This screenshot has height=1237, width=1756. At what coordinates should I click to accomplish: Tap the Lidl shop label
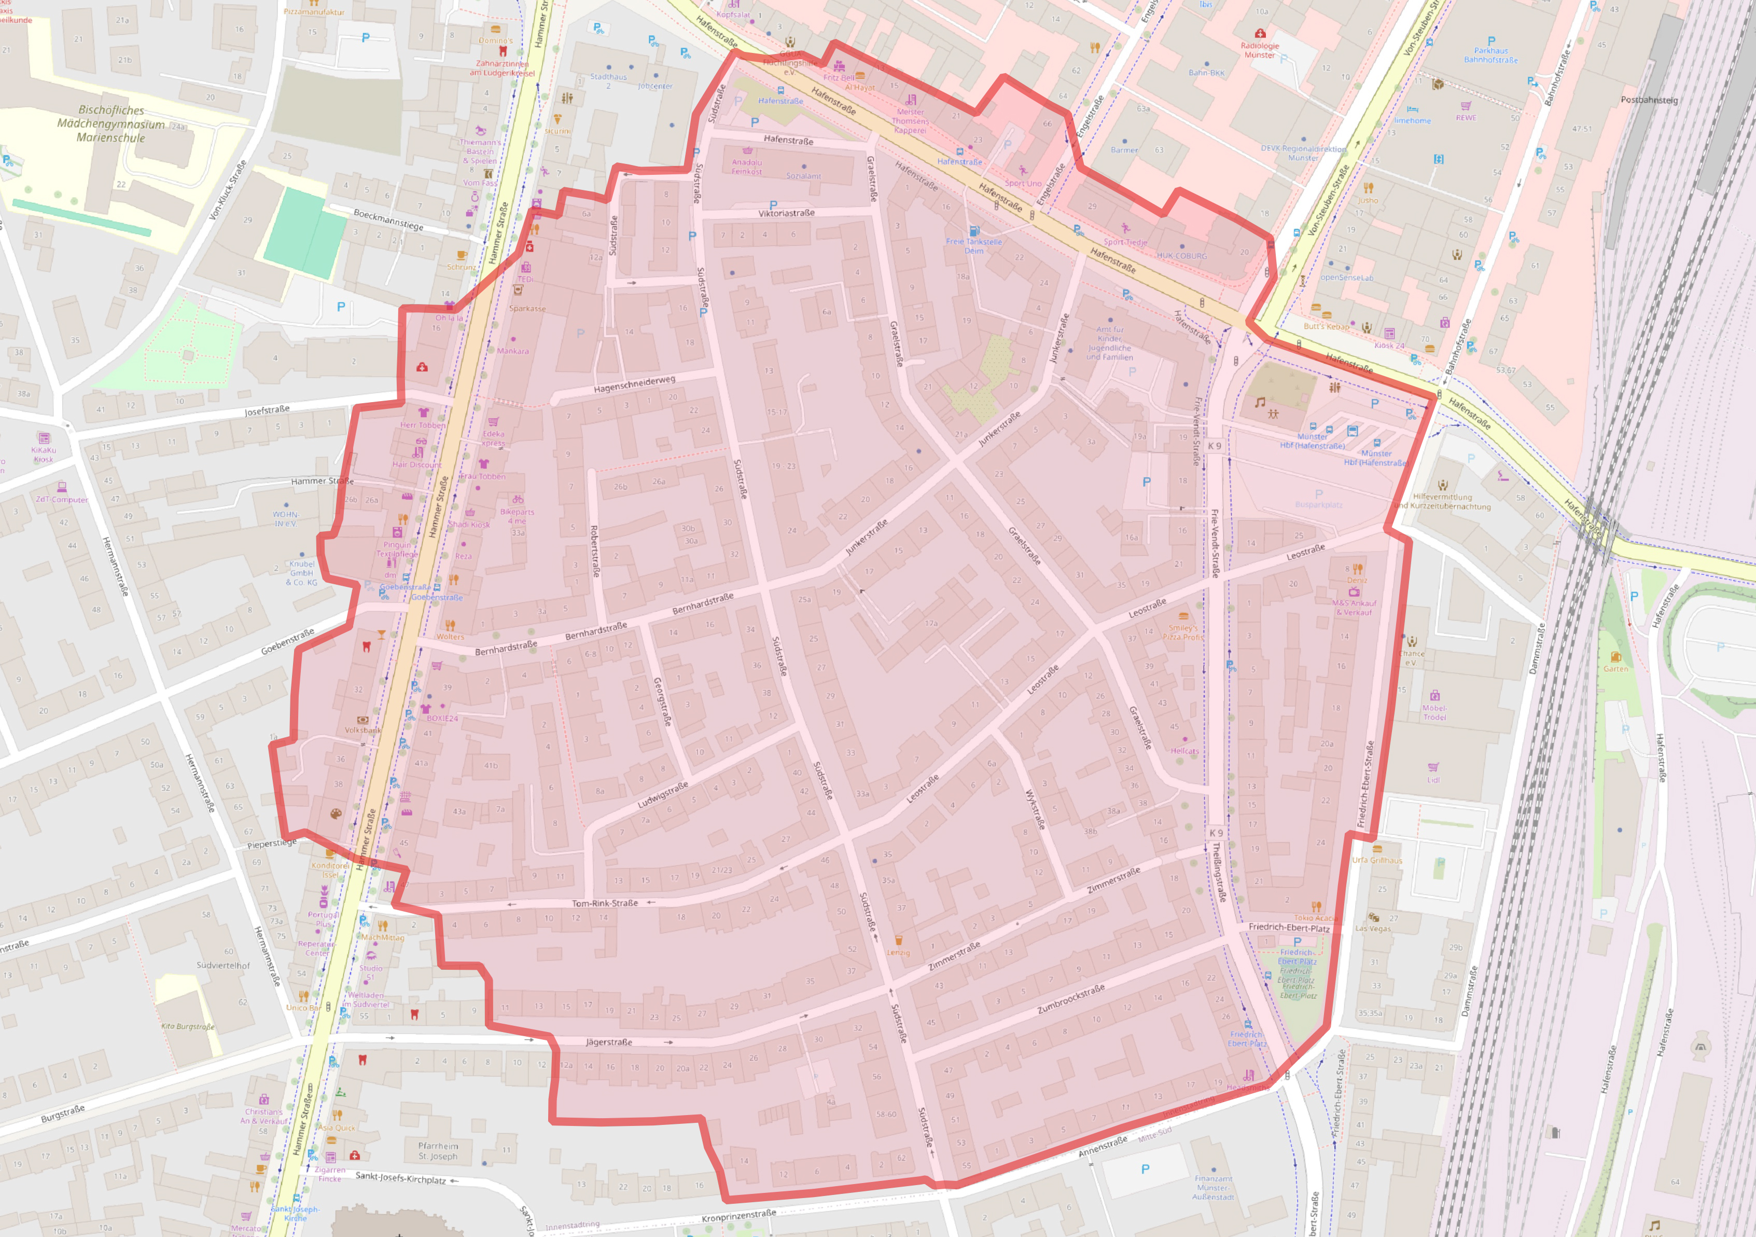pos(1433,779)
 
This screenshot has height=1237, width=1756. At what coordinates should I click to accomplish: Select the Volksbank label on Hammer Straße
pos(362,730)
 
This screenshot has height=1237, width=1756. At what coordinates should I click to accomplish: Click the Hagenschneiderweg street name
pos(634,385)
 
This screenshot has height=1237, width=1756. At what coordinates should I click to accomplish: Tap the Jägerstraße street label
pos(609,1042)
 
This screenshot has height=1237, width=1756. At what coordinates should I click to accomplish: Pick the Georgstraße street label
pos(662,702)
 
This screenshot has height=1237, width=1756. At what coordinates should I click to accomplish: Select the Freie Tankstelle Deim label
pos(973,245)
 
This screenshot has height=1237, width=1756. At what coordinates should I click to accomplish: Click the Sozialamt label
pos(804,176)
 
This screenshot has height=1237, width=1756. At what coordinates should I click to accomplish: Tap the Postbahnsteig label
pos(1649,100)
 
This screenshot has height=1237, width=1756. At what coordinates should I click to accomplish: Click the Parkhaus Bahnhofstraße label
pos(1490,55)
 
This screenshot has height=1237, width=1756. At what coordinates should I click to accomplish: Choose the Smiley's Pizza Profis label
pos(1183,632)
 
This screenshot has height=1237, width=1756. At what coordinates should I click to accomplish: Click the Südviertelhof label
pos(224,966)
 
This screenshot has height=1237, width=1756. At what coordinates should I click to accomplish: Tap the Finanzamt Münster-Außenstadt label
pos(1213,1187)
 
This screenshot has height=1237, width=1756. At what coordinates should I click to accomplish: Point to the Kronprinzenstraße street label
pos(739,1214)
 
